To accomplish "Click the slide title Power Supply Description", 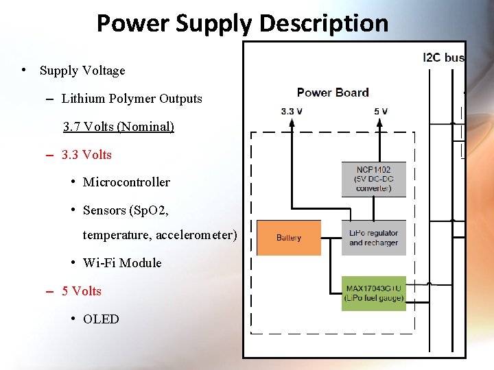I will point(242,23).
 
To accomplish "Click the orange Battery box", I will point(289,238).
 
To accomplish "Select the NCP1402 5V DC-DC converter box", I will point(374,179).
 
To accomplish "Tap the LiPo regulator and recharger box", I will point(374,238).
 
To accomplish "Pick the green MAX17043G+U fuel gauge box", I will point(374,293).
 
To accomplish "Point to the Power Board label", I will point(333,92).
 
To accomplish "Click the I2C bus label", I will point(444,58).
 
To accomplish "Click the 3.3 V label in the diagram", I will point(292,111).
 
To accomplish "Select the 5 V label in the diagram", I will point(381,111).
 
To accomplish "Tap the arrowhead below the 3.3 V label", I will point(292,123).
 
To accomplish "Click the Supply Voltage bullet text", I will point(82,71).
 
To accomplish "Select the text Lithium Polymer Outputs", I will point(132,99).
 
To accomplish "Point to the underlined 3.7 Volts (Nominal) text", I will point(119,127).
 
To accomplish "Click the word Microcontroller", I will point(126,182).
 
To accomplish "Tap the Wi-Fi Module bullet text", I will point(122,263).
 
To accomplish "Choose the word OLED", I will point(101,319).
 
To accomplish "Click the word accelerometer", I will point(196,236).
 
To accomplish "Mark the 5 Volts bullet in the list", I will point(82,291).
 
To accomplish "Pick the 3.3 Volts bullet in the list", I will point(86,155).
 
